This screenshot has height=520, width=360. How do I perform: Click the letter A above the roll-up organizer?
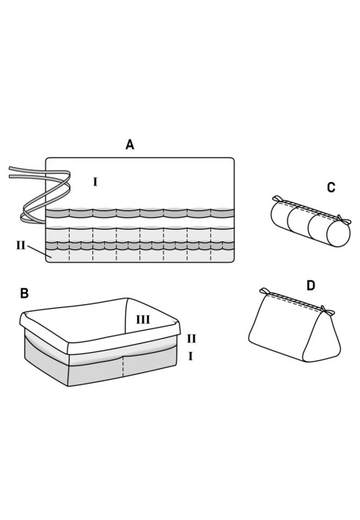point(130,144)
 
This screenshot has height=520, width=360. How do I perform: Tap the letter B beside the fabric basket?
point(24,293)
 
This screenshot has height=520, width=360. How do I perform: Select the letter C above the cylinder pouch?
point(331,188)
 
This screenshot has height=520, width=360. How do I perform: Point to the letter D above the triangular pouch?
point(311,285)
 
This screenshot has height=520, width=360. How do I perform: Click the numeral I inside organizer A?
point(95,182)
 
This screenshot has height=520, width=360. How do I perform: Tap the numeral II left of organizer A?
point(21,246)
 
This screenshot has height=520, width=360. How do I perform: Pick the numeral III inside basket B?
point(143,320)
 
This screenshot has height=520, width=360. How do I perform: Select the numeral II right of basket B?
point(191,339)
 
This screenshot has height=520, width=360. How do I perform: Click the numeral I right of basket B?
point(191,356)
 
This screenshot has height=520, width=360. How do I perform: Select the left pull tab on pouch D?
point(264,291)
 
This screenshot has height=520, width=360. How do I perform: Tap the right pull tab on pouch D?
point(326,310)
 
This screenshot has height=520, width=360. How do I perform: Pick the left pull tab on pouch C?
point(277,198)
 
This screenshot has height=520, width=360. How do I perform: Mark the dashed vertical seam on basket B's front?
point(123,366)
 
